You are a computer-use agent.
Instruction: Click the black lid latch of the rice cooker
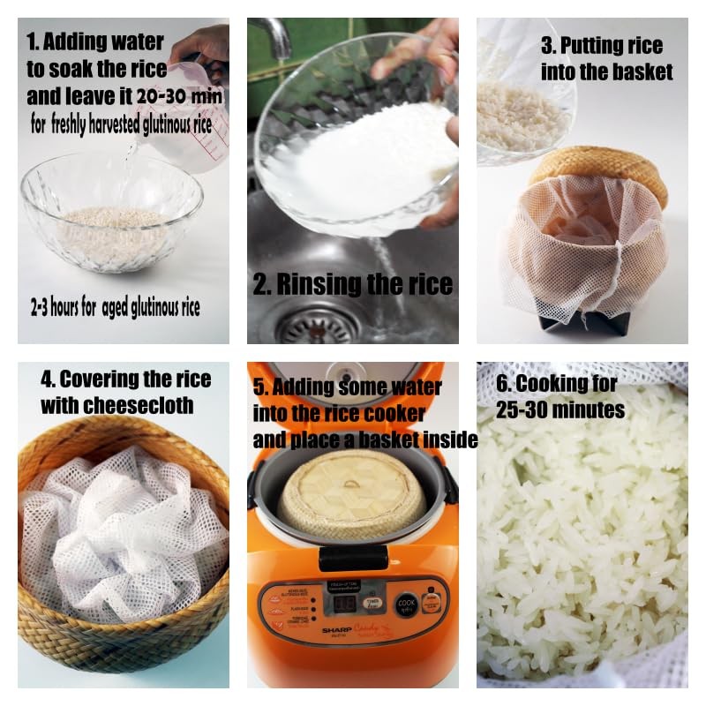[352, 558]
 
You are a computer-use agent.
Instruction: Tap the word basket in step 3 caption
[642, 71]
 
